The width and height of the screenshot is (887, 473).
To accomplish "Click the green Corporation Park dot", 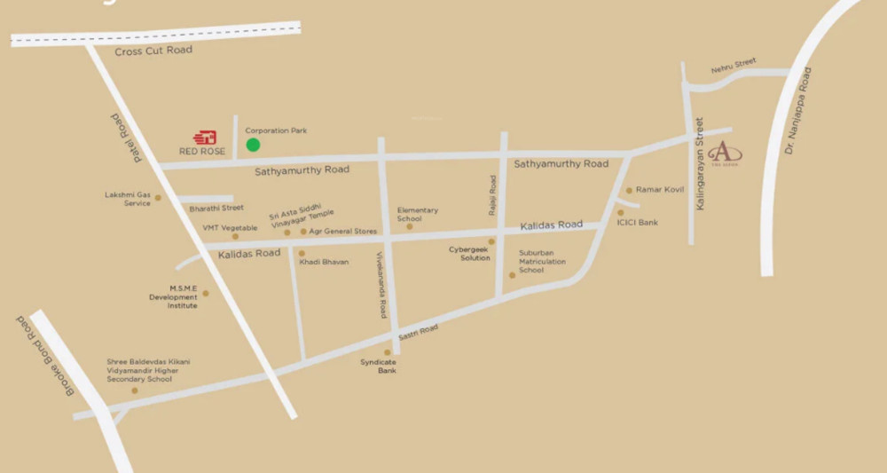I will click(253, 145).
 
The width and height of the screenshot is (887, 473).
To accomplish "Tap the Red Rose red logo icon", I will click(206, 138).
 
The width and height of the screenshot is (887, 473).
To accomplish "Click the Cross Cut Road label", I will click(153, 51).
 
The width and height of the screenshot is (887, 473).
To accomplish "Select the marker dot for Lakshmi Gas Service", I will click(158, 198).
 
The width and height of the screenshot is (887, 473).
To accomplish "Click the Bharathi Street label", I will click(216, 209).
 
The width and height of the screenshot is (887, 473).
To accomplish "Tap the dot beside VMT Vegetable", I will click(235, 236).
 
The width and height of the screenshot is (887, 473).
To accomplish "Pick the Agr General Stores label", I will click(343, 232).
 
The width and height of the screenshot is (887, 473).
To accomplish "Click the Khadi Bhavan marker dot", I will click(302, 253).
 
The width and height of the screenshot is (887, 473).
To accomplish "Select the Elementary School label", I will click(417, 215).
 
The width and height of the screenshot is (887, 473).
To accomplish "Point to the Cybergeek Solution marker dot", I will click(491, 241).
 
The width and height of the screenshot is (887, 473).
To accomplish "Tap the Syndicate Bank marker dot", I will click(387, 352).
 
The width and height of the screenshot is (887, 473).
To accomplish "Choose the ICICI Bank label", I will click(638, 223).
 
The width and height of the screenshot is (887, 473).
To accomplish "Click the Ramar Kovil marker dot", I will click(629, 190).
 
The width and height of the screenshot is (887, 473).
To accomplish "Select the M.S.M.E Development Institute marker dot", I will click(205, 293).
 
